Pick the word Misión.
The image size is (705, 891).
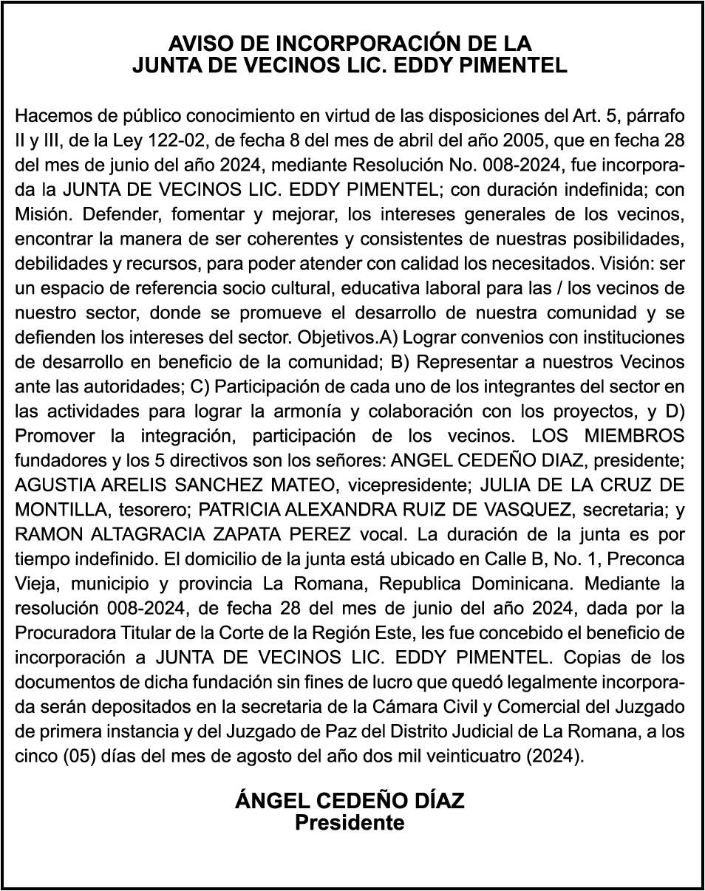pyautogui.click(x=43, y=214)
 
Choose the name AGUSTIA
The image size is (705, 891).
pyautogui.click(x=56, y=485)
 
